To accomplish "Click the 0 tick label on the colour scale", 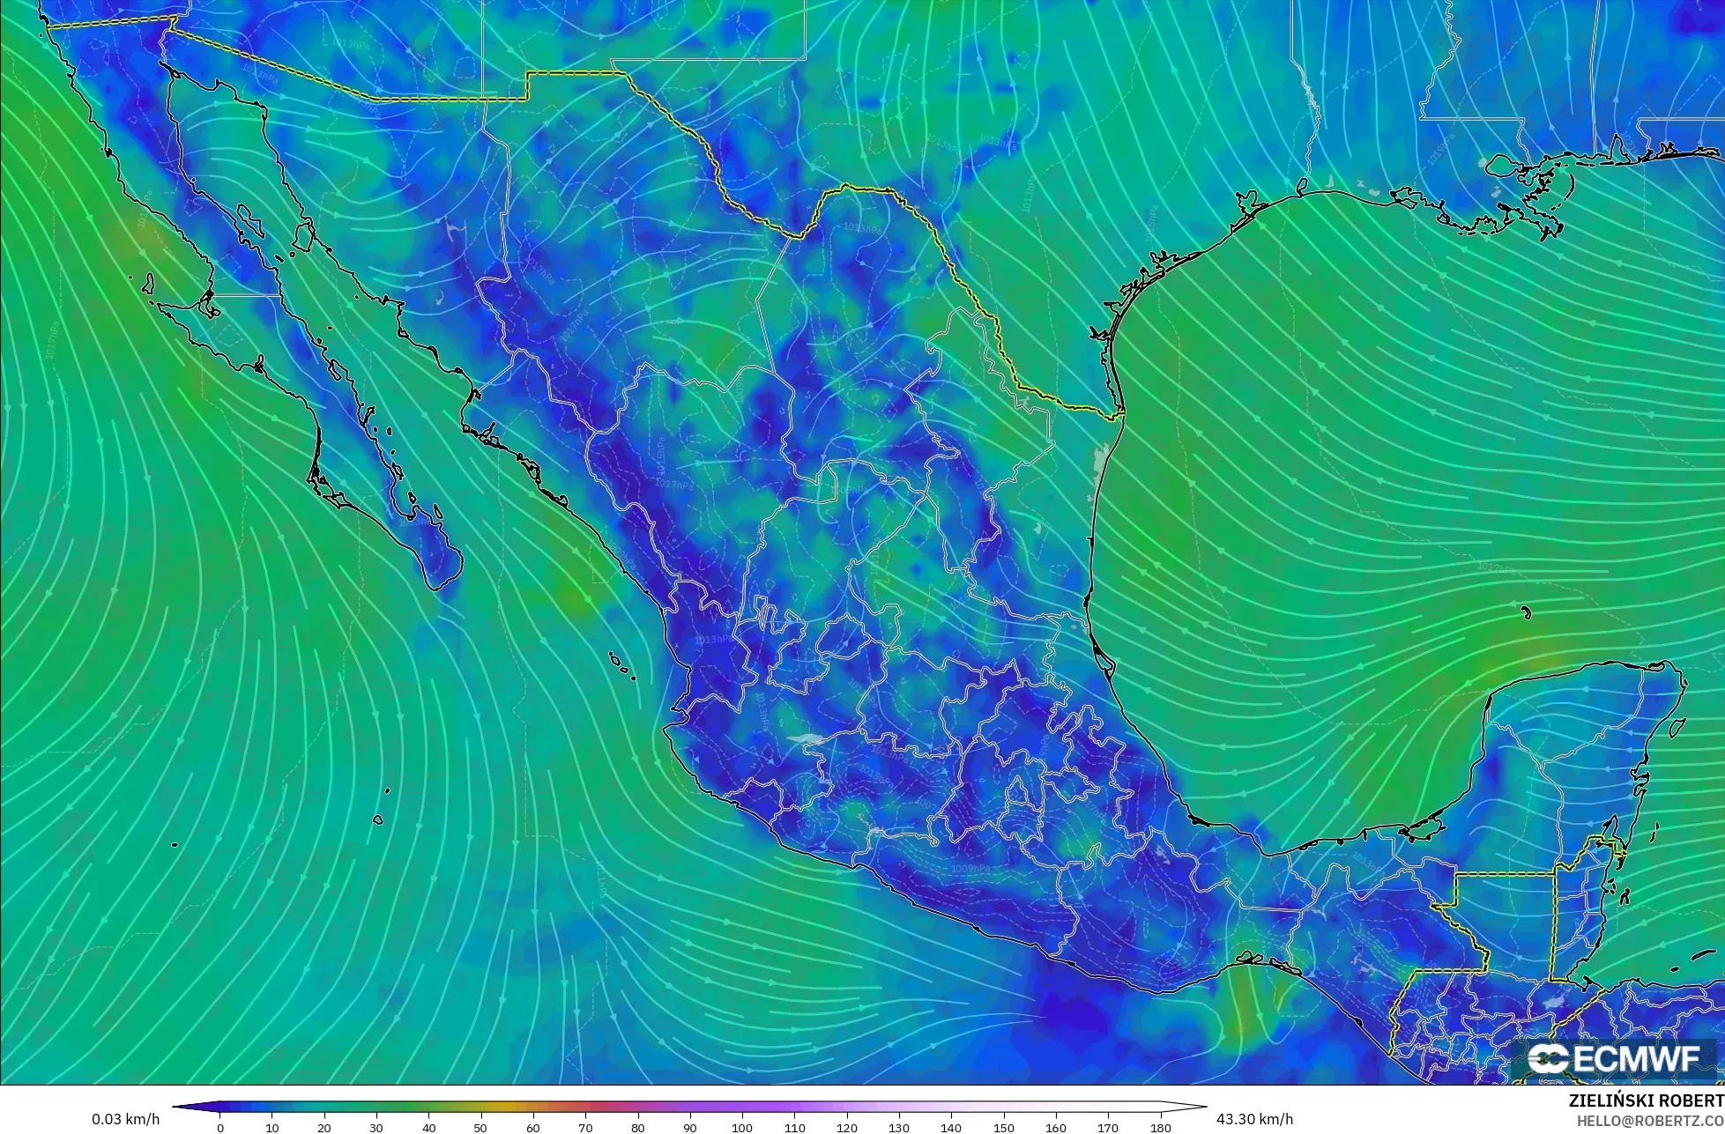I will point(220,1127).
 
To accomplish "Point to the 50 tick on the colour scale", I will point(481,1127).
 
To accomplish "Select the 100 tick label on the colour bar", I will point(742,1127).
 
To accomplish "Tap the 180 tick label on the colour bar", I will point(1160,1127).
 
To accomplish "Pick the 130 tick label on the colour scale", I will point(899,1127).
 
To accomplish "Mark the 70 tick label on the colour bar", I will point(585,1127).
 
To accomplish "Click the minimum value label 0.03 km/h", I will point(125,1119).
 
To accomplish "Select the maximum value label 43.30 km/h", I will point(1254,1119).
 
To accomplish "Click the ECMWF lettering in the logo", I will point(1635,1059).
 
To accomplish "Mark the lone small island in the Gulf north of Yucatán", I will point(1526,612).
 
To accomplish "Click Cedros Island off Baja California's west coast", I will point(148,284).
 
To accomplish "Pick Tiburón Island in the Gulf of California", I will point(303,235).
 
